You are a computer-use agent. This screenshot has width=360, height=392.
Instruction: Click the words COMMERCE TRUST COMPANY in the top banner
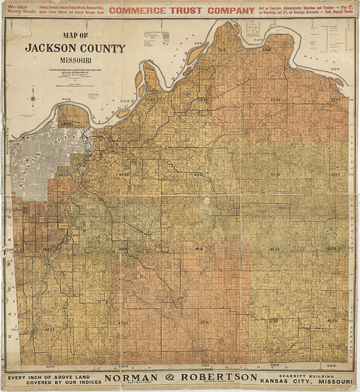[x=179, y=10]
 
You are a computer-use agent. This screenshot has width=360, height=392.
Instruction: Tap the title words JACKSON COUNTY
[x=75, y=49]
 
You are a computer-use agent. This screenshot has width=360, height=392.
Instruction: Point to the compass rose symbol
[x=33, y=98]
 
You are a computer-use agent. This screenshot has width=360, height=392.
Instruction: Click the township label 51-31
[x=223, y=50]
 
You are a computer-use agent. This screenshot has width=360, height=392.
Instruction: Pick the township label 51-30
[x=266, y=50]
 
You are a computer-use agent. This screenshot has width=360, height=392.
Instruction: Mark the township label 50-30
[x=275, y=100]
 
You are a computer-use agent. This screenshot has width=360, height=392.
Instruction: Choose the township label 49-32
[x=123, y=175]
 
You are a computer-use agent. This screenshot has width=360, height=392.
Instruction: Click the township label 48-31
[x=199, y=249]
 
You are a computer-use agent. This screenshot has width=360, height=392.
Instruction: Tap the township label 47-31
[x=204, y=323]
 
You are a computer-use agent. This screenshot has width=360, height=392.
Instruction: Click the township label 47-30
[x=273, y=321]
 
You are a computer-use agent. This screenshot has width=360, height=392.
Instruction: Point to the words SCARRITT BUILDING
[x=301, y=375]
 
